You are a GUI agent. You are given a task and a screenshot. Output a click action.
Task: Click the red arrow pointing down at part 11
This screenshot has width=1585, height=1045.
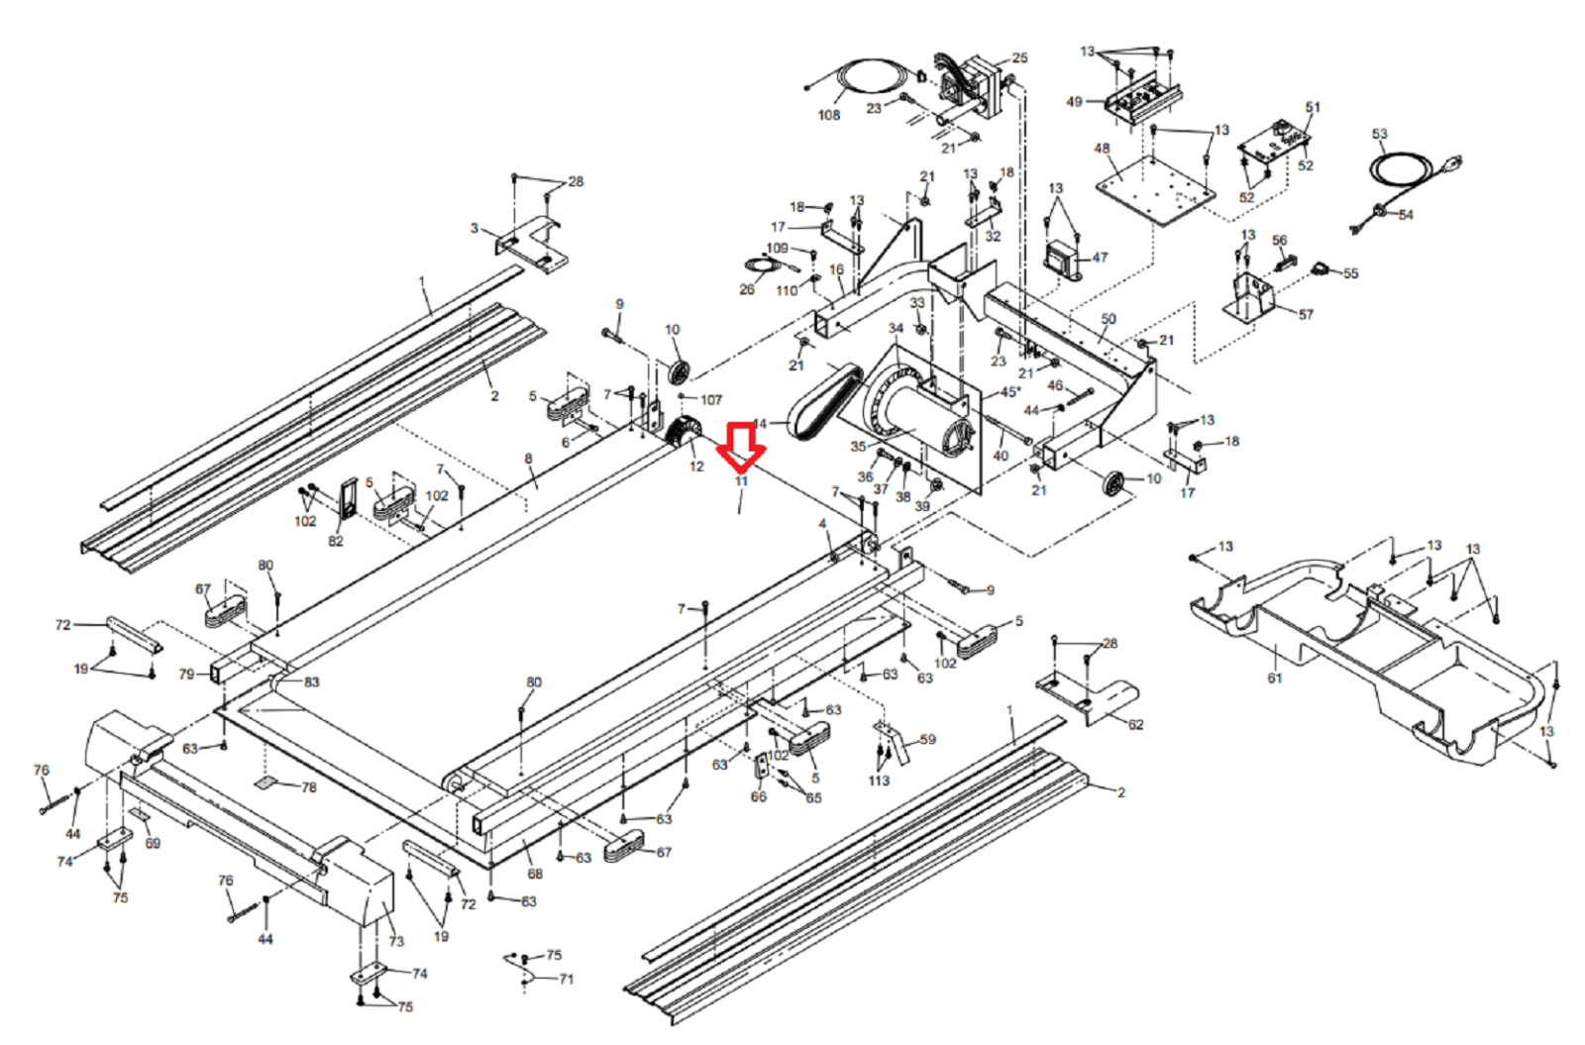pos(742,447)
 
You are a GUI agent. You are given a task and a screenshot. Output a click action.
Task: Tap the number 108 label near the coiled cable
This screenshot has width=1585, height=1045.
pos(828,115)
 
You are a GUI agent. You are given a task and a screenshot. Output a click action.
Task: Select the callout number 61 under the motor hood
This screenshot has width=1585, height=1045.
pos(1274,679)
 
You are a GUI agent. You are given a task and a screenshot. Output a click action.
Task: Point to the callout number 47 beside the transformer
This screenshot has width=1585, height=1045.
pos(1100,258)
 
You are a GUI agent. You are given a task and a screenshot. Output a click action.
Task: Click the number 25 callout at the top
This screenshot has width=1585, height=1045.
pos(1019,58)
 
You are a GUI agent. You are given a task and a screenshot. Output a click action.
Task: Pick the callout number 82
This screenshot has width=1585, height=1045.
pos(336,541)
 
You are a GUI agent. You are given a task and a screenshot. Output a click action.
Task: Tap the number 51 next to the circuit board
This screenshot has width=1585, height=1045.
pos(1313,107)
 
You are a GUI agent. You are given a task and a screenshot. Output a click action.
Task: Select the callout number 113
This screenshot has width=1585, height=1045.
pos(879,781)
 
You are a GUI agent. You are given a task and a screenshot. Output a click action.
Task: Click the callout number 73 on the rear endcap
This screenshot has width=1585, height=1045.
pos(396,942)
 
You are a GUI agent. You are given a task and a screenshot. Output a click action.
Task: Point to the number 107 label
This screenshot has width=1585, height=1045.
pos(711,400)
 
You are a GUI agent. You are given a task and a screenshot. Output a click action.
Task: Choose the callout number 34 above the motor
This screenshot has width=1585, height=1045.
pos(897,328)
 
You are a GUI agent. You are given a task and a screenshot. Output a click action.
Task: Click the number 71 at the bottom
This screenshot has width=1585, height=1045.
pos(566,980)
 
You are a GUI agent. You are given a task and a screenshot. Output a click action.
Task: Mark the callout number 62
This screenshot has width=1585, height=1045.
pos(1135,725)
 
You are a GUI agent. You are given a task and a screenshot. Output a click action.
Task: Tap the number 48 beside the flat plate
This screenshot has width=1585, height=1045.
pos(1102,149)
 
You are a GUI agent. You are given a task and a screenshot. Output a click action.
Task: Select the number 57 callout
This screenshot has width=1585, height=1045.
pos(1306,315)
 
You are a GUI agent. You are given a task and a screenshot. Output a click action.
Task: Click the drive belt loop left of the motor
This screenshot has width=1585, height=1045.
pos(822,402)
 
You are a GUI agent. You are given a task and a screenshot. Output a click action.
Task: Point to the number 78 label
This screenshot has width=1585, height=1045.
pos(309,787)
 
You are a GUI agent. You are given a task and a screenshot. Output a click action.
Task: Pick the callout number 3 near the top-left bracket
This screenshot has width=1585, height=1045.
pos(474,229)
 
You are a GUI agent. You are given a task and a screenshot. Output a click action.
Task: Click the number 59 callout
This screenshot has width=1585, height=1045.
pos(927,740)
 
